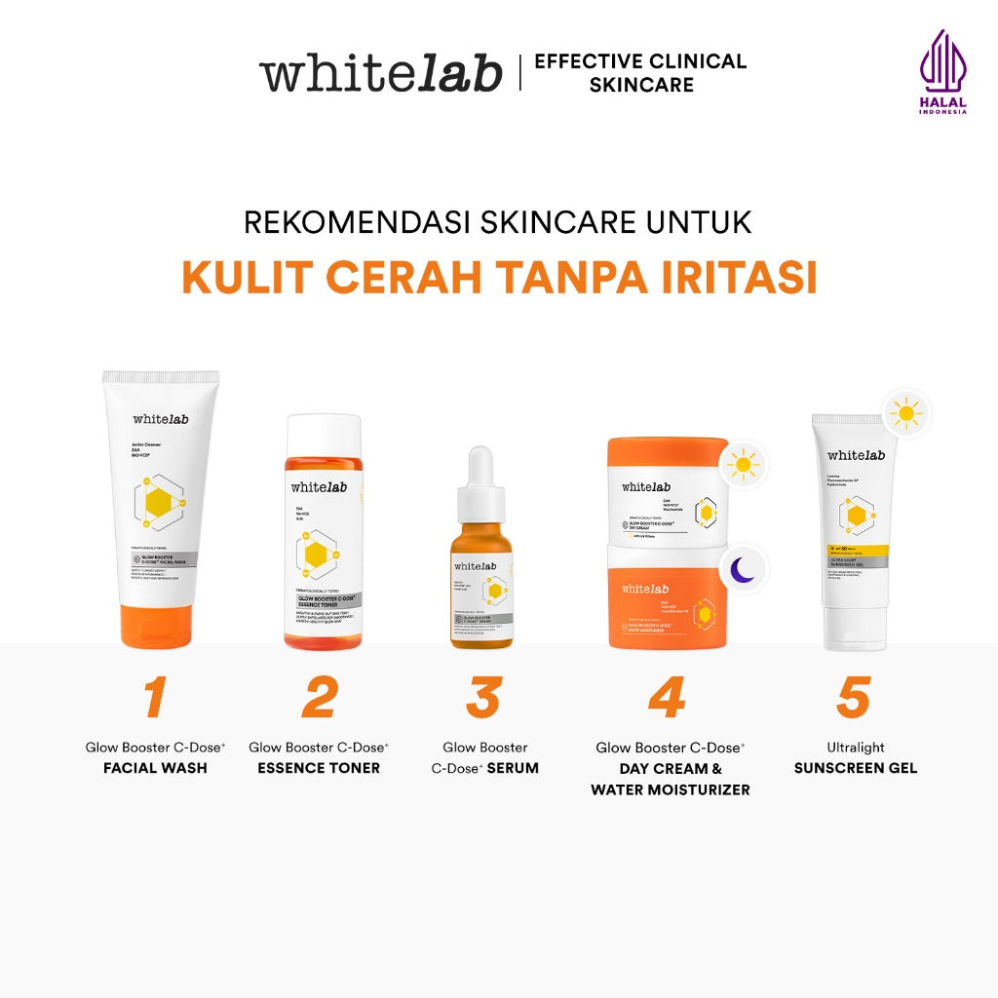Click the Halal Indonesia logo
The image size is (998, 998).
pos(942,72)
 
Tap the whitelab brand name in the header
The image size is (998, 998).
pos(380,73)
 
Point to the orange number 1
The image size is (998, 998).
pos(155,697)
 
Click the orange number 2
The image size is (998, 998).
pos(319,697)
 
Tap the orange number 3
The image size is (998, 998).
pos(483,697)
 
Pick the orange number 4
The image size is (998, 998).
pos(667,697)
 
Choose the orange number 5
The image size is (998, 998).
pos(853,697)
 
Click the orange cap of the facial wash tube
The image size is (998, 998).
pos(161,627)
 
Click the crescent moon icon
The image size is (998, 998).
pos(744,570)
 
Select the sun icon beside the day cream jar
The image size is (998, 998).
pos(743,465)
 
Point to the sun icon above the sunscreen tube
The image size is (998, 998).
pos(906,413)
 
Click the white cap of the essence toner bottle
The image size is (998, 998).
pos(324,436)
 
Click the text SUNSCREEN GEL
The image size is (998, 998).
pos(856,768)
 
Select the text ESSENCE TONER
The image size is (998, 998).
pos(319,768)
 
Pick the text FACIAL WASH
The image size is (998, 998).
pos(155,768)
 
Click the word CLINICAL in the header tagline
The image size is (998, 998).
pos(697,61)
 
